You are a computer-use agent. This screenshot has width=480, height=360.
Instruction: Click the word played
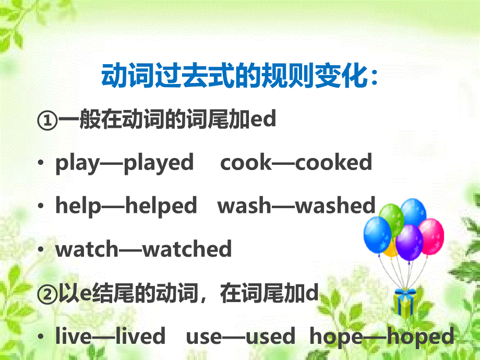point(159,163)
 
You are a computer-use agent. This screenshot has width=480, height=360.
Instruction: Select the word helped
point(161,206)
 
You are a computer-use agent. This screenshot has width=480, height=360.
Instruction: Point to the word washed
point(335,205)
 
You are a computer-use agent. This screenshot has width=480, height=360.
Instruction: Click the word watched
point(187,248)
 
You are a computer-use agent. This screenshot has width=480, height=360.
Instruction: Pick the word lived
point(140,335)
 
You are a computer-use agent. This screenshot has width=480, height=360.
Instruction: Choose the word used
point(270,336)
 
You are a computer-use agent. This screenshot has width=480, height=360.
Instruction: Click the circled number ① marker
point(47,121)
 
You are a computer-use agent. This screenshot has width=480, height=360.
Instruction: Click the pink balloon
point(431,236)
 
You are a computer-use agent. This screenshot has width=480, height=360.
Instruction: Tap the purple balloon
point(409,243)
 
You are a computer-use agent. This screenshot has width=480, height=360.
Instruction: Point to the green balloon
point(392,219)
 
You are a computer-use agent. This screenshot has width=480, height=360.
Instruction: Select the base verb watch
point(87,248)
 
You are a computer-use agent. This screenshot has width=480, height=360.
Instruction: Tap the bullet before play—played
point(41,163)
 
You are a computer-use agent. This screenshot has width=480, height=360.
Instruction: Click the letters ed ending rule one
point(263,119)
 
